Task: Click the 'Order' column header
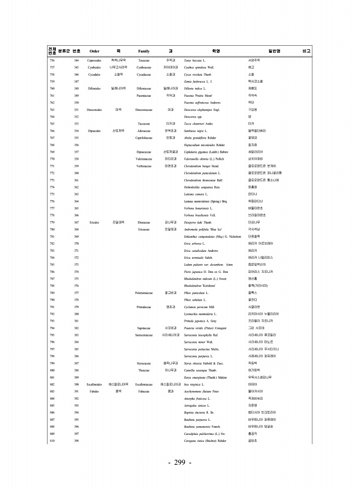(95, 51)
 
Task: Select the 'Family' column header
(143, 51)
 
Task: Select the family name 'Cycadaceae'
(143, 75)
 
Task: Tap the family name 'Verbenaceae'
(143, 167)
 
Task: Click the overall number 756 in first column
(52, 60)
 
